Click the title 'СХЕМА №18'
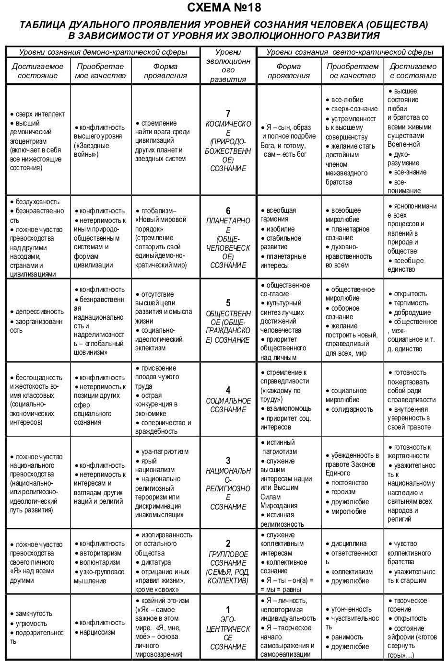[x=224, y=8]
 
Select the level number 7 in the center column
[x=228, y=114]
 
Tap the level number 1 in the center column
[x=228, y=610]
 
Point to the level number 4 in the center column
[x=228, y=390]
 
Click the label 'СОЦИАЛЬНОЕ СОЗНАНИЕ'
[x=228, y=405]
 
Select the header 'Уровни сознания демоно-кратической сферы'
[x=103, y=52]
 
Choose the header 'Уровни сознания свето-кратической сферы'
[x=350, y=52]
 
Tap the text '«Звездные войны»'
[x=92, y=150]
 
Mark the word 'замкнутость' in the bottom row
[x=34, y=614]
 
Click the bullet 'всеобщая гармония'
[x=281, y=215]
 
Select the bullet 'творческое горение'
[x=408, y=605]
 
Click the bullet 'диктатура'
[x=156, y=562]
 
